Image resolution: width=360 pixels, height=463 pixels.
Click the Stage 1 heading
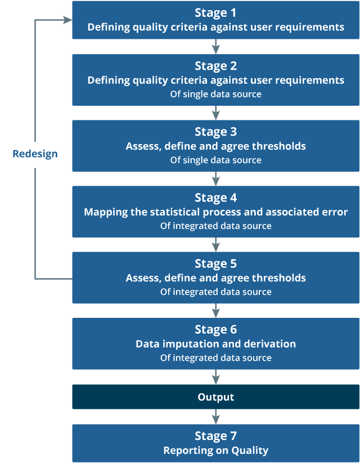(215, 13)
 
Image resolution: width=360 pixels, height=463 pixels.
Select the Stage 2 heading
(215, 66)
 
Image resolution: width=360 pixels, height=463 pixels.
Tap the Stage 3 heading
(215, 132)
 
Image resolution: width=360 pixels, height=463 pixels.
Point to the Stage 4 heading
(215, 197)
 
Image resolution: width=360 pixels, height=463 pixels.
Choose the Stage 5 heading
(215, 263)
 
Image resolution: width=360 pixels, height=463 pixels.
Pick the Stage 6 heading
(215, 329)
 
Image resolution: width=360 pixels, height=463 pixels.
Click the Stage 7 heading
(215, 436)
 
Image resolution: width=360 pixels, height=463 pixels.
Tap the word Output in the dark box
(215, 397)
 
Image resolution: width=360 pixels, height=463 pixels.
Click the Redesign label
(35, 154)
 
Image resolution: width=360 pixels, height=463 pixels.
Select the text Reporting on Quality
(215, 450)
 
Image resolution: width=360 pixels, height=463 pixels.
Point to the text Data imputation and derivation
(215, 344)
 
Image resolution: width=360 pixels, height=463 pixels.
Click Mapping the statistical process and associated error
(215, 212)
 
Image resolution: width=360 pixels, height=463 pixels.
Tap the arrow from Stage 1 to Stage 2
(215, 47)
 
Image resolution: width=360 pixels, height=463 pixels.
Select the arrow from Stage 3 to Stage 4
(215, 178)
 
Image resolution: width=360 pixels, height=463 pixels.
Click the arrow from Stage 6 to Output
(215, 377)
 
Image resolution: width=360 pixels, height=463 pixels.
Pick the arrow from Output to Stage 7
(215, 416)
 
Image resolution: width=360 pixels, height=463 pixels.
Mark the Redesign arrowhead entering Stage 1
(67, 20)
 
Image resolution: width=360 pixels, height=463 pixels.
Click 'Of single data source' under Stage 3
(215, 160)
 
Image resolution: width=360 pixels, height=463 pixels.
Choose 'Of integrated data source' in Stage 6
(215, 358)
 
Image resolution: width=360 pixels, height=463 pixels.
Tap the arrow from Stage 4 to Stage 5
(215, 244)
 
